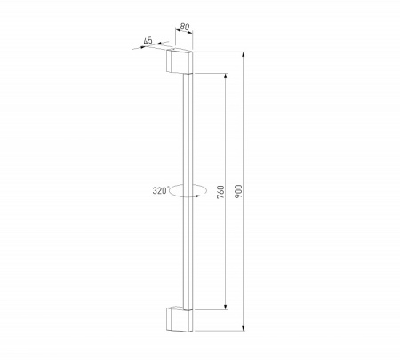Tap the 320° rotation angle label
point(159,189)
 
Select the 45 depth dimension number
point(148,39)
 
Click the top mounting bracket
point(180,62)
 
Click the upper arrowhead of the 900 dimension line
point(242,55)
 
